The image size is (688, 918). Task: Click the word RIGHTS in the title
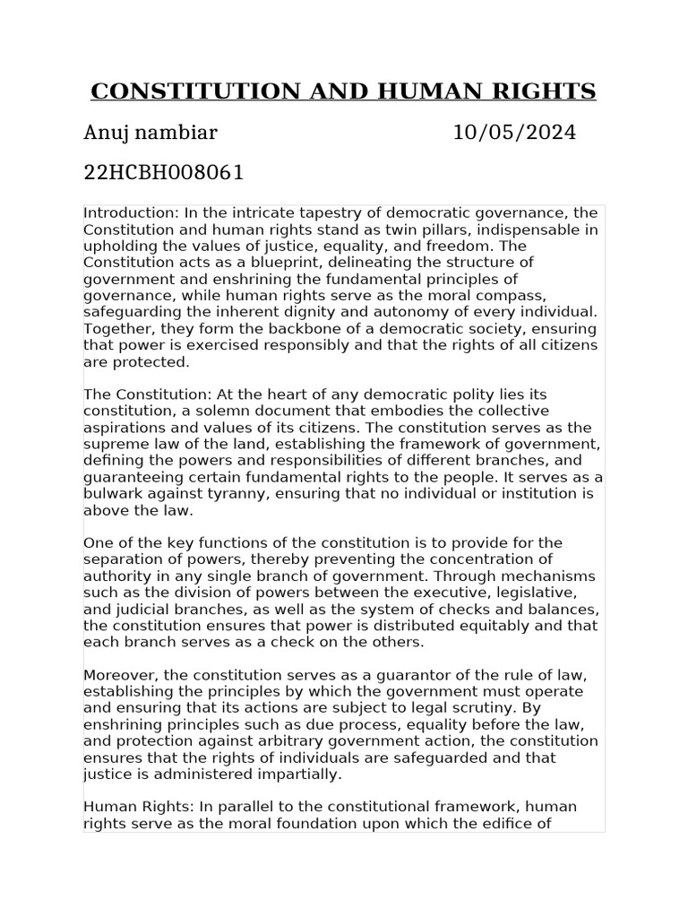(545, 91)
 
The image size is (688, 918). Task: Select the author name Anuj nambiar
(150, 134)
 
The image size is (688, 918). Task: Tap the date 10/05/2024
(514, 134)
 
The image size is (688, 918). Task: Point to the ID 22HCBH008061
(163, 172)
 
